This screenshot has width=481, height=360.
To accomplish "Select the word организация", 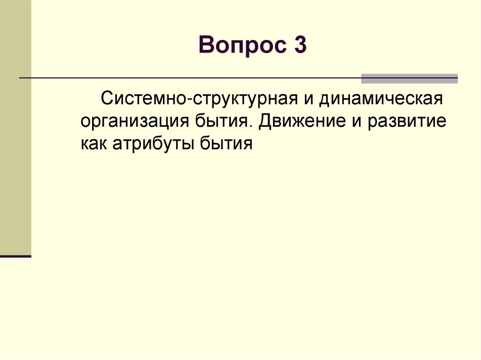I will point(135,123).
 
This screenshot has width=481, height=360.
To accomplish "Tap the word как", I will point(94,144).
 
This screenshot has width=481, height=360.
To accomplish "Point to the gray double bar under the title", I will point(409,78).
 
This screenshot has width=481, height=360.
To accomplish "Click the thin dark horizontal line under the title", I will point(188,77).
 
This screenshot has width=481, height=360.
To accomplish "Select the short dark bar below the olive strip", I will point(16,257).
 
